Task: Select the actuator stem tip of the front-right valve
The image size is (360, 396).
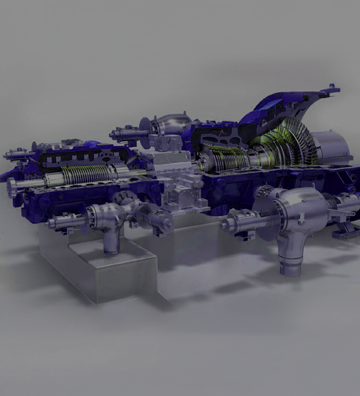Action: click(x=224, y=225)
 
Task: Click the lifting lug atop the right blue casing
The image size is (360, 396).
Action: click(x=332, y=88)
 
